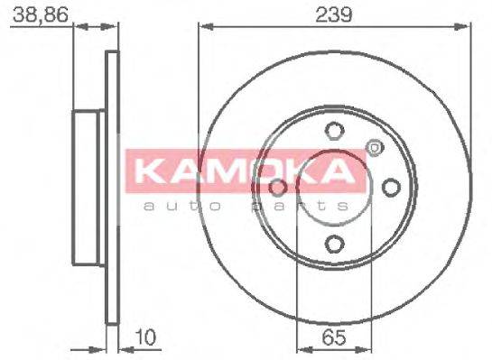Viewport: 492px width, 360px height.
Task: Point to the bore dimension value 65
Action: tap(332, 340)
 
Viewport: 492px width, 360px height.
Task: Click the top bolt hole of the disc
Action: tap(333, 129)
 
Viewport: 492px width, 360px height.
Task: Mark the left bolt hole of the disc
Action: tap(277, 186)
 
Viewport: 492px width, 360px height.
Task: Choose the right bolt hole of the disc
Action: tap(390, 186)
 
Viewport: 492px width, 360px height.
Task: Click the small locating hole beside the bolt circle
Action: tap(372, 146)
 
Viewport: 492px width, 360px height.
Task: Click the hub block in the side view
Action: tap(88, 186)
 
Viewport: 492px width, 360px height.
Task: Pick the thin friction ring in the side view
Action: tap(112, 186)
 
